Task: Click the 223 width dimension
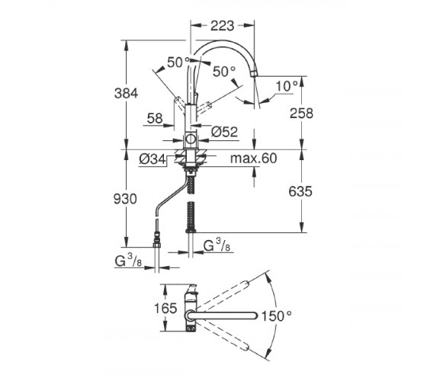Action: [x=222, y=26]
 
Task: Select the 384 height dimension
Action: [x=126, y=93]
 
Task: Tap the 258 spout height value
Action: [x=301, y=114]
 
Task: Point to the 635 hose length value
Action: [x=300, y=191]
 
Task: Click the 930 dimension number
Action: [x=125, y=199]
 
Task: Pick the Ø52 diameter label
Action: [x=225, y=132]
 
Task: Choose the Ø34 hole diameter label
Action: [x=152, y=159]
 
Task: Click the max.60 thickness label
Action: [x=253, y=158]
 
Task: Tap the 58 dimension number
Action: [x=155, y=118]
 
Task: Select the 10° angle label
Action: [x=287, y=87]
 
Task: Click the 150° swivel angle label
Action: [x=276, y=316]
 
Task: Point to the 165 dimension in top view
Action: [x=165, y=309]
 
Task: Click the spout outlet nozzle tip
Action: [x=255, y=74]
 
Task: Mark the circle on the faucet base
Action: [x=191, y=139]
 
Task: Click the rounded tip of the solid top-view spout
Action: [x=255, y=315]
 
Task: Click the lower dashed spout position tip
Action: [x=245, y=347]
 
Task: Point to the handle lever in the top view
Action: [x=191, y=289]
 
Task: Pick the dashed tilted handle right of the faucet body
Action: [x=204, y=108]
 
